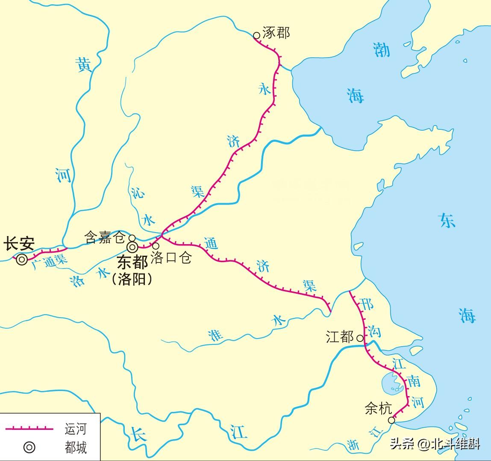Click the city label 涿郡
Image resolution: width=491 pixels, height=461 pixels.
[x=276, y=33]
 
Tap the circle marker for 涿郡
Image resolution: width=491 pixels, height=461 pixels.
[x=256, y=35]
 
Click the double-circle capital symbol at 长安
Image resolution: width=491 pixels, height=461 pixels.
[x=21, y=259]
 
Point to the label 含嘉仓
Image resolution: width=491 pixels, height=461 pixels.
[x=104, y=237]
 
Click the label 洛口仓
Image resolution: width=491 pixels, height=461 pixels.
[x=171, y=257]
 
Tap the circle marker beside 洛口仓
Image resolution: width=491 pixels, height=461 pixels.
[x=156, y=246]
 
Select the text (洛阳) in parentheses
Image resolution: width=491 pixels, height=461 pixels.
[x=132, y=279]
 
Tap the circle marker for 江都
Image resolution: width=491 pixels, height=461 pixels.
[x=360, y=338]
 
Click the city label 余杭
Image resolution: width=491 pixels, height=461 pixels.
[x=378, y=409]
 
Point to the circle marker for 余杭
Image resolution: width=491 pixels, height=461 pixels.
[x=391, y=421]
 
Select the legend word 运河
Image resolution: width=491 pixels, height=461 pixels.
[x=76, y=429]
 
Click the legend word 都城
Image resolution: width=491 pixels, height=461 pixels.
[x=76, y=447]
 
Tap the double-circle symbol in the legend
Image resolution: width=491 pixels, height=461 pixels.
[x=29, y=447]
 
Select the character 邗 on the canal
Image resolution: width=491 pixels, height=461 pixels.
[x=367, y=304]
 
